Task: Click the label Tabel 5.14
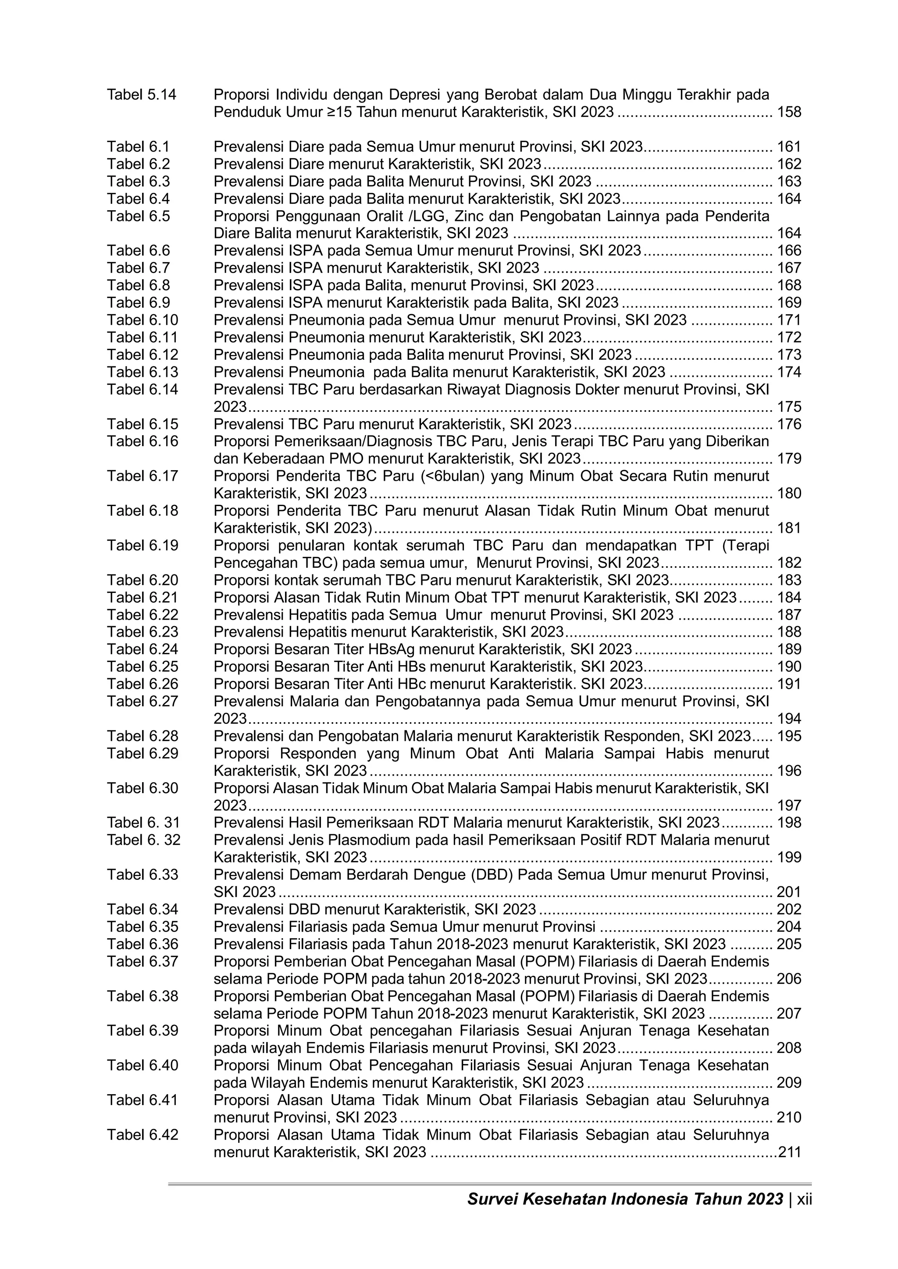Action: point(142,95)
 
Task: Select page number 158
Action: point(789,113)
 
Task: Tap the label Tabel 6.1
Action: point(138,147)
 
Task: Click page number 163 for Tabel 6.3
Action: point(789,182)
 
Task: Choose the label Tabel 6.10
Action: point(143,320)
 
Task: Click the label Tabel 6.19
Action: point(143,546)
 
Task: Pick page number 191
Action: point(789,684)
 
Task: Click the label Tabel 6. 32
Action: point(144,840)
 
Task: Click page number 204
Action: point(789,927)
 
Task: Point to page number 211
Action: point(790,1152)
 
